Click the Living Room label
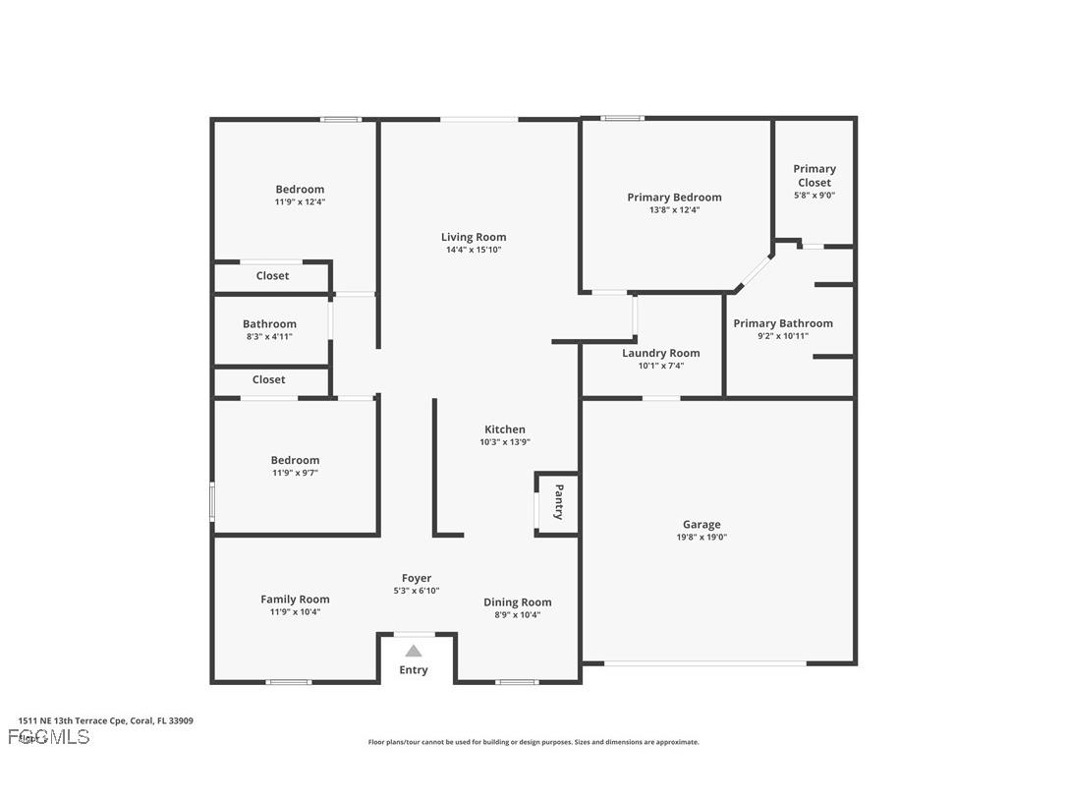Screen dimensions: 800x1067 click(x=474, y=237)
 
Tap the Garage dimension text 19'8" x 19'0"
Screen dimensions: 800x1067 click(x=702, y=538)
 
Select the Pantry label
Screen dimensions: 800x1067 click(x=559, y=502)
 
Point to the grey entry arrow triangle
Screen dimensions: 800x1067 click(x=414, y=651)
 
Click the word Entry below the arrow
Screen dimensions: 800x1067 click(x=414, y=670)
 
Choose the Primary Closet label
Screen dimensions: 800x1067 click(x=814, y=175)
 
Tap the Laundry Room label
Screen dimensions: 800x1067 click(x=660, y=353)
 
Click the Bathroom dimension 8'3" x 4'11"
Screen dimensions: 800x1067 click(x=269, y=337)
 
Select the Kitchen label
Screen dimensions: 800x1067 click(x=505, y=429)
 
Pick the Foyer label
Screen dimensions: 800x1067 click(x=417, y=578)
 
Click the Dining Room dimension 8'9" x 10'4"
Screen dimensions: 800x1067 click(x=518, y=615)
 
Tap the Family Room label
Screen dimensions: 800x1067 click(x=295, y=600)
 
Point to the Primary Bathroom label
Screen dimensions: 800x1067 click(x=783, y=323)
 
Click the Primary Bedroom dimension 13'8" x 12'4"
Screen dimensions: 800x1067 click(x=674, y=209)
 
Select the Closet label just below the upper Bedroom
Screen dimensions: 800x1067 click(x=272, y=276)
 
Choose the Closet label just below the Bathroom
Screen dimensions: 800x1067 click(x=268, y=379)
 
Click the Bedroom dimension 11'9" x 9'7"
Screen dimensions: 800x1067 click(x=295, y=473)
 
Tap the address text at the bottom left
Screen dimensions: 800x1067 click(x=105, y=720)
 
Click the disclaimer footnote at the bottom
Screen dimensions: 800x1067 click(x=533, y=742)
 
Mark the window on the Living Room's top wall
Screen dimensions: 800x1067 click(x=478, y=120)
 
